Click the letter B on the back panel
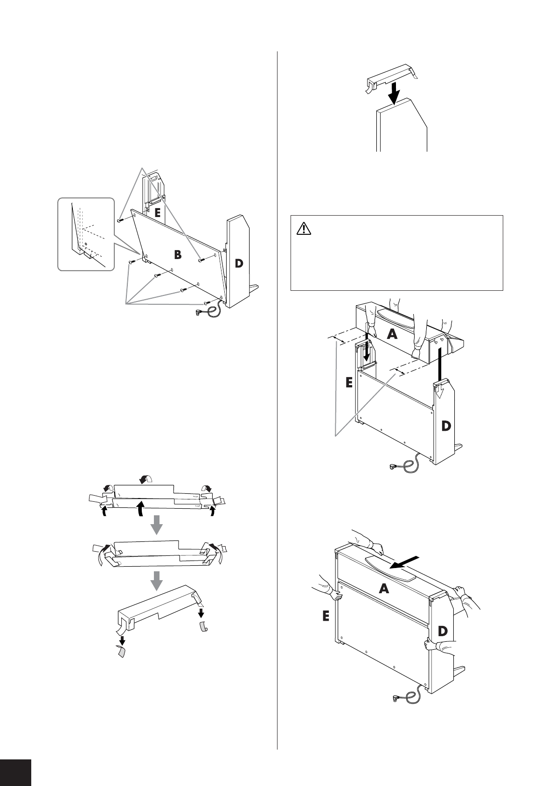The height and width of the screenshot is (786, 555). [178, 255]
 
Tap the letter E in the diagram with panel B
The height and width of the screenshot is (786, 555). [158, 213]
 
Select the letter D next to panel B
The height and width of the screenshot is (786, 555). [239, 263]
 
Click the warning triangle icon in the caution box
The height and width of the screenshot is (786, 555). [303, 228]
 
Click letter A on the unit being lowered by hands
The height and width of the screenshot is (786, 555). [392, 334]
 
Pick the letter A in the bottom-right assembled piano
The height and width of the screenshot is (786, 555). [383, 589]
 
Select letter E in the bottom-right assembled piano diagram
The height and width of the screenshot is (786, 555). [326, 617]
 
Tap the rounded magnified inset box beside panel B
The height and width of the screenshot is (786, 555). [85, 234]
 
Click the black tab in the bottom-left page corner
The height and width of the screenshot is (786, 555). [15, 772]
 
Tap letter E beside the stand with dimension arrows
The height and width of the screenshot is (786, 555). [349, 383]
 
